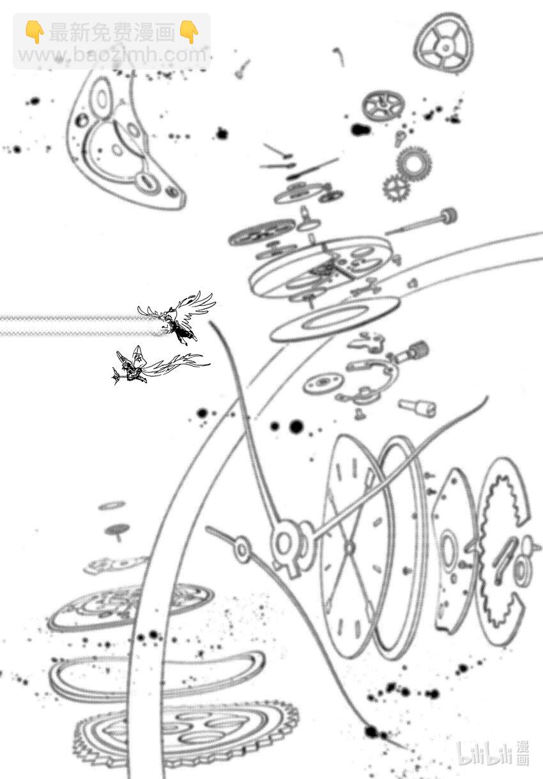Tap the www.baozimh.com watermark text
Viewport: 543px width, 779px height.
(112, 55)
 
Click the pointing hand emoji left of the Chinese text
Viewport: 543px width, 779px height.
(34, 32)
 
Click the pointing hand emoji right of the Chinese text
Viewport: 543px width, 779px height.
(189, 32)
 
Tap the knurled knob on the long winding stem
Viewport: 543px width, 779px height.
(449, 216)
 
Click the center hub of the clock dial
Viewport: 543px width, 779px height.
(349, 547)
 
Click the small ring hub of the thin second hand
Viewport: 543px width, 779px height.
(241, 548)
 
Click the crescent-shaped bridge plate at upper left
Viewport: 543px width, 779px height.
(126, 139)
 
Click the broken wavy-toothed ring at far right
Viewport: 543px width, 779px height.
(501, 553)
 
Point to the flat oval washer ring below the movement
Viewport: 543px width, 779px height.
(335, 320)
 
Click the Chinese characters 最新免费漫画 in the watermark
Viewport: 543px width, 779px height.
(112, 33)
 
